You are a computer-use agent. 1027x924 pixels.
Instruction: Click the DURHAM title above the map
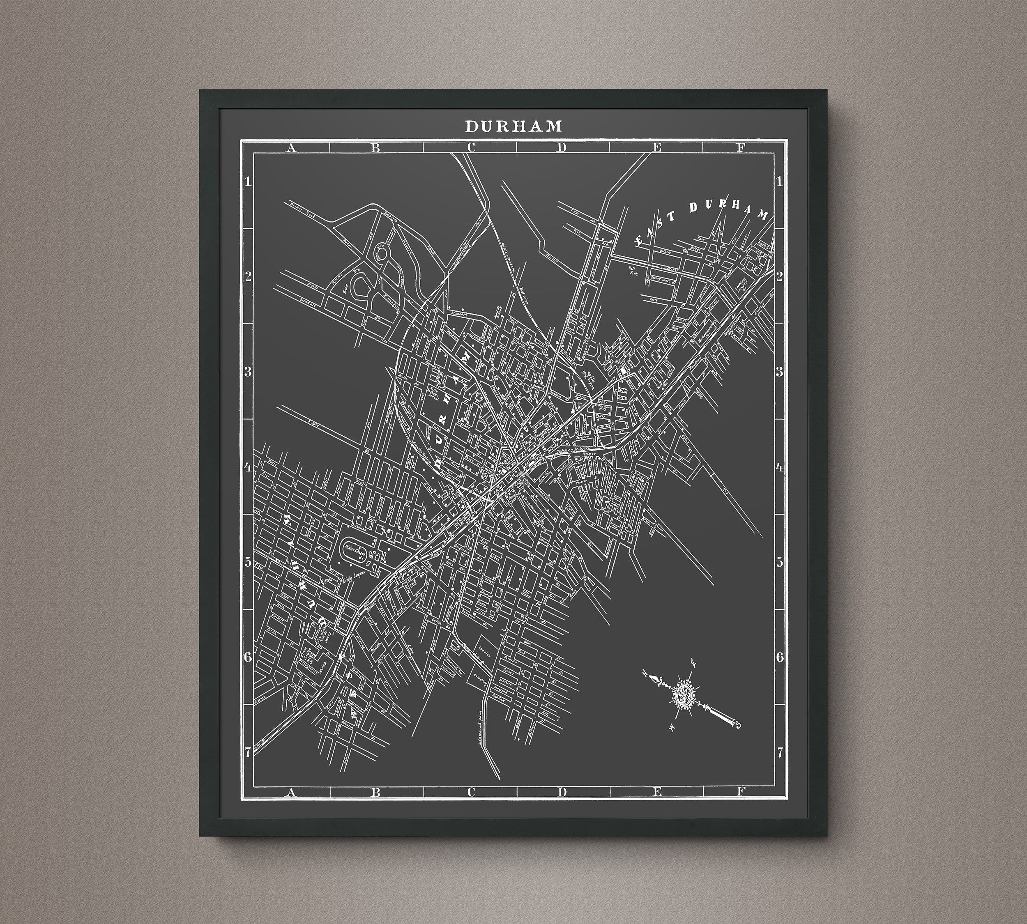[513, 126]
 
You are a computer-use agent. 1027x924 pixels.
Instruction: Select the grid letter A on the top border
[290, 148]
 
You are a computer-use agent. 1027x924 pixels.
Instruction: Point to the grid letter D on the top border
[561, 148]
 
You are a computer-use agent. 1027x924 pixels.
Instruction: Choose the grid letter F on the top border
[741, 148]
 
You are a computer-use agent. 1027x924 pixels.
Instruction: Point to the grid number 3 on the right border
[779, 372]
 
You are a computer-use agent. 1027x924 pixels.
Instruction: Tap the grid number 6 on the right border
[779, 657]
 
